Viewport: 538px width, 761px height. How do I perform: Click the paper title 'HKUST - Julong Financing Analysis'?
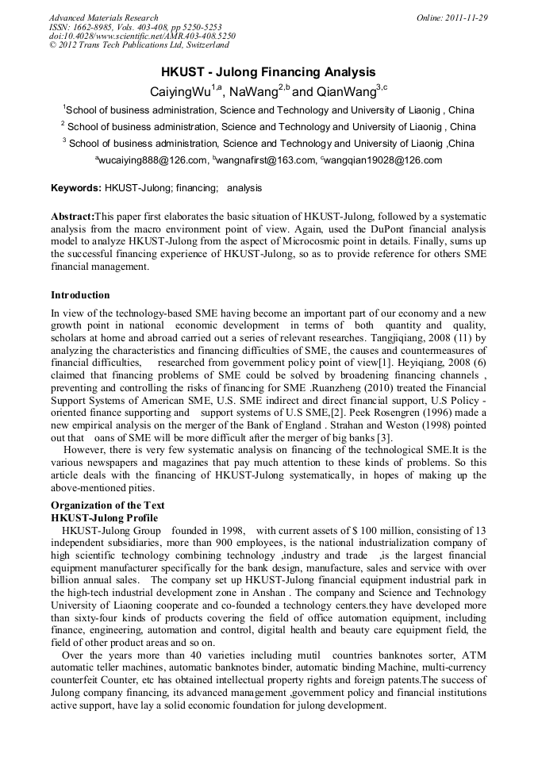click(x=268, y=72)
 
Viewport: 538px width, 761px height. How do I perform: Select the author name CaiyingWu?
click(x=180, y=92)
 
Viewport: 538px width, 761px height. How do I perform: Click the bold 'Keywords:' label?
click(x=75, y=188)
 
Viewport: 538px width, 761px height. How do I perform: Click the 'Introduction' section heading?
click(x=80, y=295)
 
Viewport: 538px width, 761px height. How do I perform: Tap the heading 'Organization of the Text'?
click(x=108, y=505)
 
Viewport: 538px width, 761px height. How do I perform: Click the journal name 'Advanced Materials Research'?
click(x=103, y=17)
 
